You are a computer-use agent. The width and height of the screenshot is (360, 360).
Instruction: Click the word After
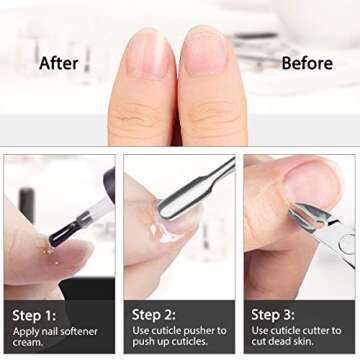tap(59, 63)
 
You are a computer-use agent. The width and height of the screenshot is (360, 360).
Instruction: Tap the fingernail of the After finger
tap(149, 56)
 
